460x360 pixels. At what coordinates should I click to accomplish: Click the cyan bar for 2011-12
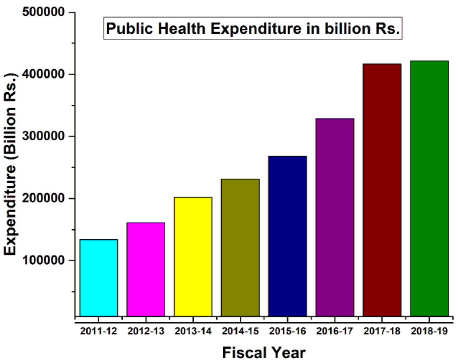98,278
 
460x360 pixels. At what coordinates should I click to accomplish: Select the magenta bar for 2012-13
146,269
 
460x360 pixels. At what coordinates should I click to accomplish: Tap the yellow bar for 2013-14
193,256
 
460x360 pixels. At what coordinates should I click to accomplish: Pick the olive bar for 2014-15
240,247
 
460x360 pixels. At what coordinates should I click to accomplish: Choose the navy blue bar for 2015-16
287,236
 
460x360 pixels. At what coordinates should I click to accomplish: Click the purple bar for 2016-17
335,217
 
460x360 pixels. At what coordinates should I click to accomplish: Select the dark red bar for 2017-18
382,190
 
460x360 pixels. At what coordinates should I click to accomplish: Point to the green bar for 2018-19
429,188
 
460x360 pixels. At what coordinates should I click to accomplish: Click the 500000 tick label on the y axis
43,12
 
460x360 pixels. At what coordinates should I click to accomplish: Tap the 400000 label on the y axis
43,74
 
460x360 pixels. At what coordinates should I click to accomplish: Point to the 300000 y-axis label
43,136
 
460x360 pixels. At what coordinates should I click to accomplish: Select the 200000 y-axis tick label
43,198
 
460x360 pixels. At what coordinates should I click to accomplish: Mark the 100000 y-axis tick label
43,260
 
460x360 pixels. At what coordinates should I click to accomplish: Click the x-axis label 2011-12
98,331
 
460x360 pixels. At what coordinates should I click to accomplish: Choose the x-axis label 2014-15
240,331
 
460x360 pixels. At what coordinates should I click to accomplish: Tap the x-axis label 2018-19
429,331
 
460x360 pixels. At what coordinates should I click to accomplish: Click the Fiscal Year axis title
264,352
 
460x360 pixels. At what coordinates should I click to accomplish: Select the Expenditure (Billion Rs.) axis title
10,164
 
